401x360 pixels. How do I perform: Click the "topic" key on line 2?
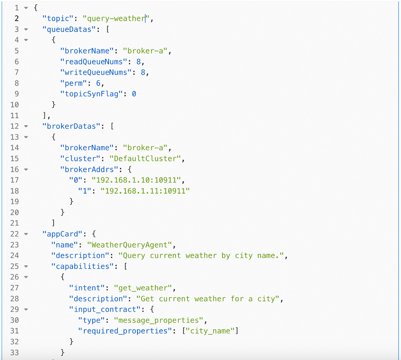58,19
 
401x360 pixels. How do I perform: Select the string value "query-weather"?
116,19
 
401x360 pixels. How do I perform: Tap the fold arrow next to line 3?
26,29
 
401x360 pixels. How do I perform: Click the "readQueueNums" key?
93,61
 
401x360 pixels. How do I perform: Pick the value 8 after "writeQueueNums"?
143,72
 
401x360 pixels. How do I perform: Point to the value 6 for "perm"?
98,83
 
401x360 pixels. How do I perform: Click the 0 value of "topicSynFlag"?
134,94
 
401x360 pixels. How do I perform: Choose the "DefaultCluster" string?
145,159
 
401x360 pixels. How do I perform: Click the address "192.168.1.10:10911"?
136,180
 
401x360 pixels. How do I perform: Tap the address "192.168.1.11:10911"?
145,191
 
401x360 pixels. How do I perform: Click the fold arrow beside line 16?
26,169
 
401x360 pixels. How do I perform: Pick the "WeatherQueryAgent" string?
130,245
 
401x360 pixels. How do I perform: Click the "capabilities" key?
82,267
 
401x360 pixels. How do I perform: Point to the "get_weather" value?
143,288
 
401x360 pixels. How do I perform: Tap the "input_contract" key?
105,309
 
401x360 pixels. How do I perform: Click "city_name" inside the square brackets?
210,331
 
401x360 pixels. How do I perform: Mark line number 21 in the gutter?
15,223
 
